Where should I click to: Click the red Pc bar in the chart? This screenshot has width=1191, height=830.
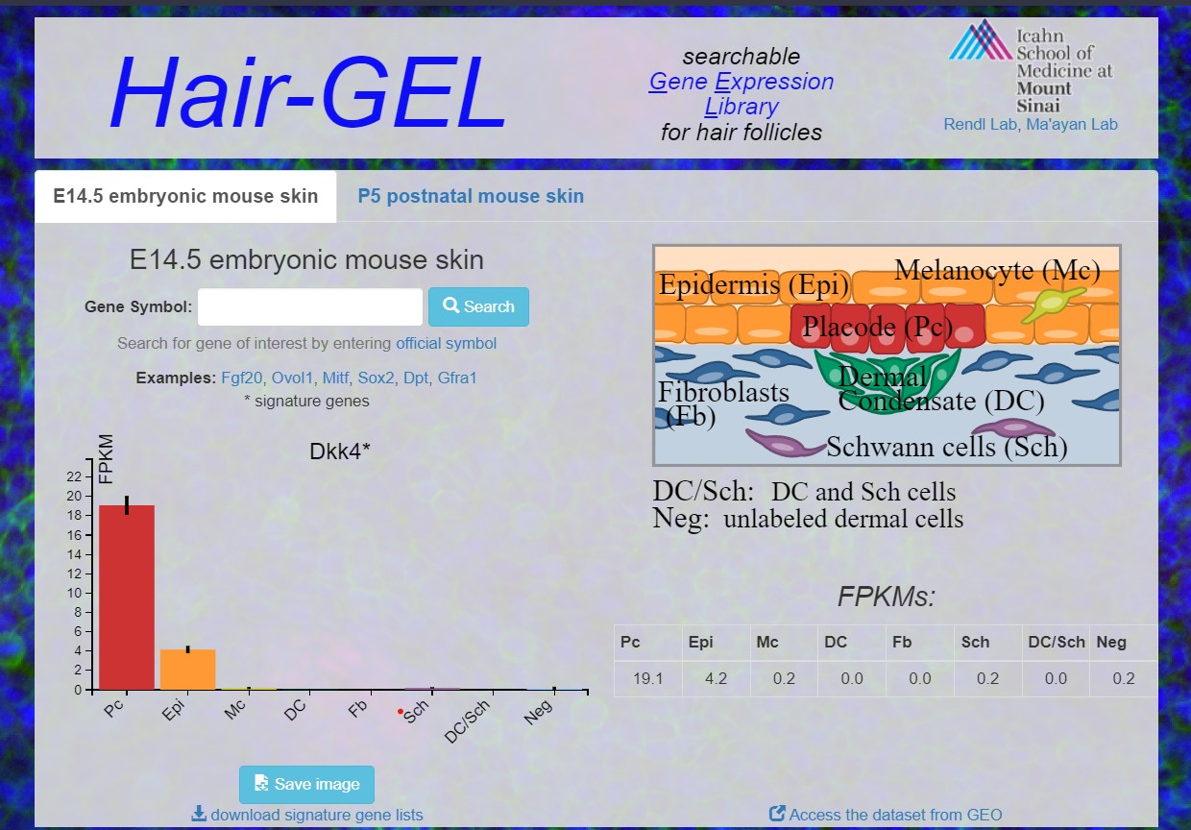click(127, 598)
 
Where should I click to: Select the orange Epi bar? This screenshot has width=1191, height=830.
click(187, 670)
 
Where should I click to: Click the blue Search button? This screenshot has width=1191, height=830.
click(478, 306)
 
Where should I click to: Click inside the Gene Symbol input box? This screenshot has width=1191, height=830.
click(310, 306)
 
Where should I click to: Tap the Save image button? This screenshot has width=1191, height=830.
click(306, 784)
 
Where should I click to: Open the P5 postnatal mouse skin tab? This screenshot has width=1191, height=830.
click(471, 196)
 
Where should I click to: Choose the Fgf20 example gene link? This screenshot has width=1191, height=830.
click(241, 378)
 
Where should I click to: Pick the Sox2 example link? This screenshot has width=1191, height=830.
click(376, 378)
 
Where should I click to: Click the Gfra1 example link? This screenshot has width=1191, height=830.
click(457, 378)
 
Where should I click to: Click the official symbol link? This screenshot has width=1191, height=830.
click(446, 344)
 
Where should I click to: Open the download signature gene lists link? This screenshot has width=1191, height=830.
click(307, 815)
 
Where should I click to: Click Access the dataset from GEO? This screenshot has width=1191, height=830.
click(886, 815)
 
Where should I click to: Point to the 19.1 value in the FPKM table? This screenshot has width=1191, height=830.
click(648, 678)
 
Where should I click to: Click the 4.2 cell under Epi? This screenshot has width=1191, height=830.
click(716, 678)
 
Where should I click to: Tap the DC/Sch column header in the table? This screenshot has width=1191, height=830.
click(1057, 643)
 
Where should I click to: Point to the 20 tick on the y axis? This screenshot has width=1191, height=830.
click(75, 496)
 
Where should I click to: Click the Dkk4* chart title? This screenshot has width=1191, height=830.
click(340, 452)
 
